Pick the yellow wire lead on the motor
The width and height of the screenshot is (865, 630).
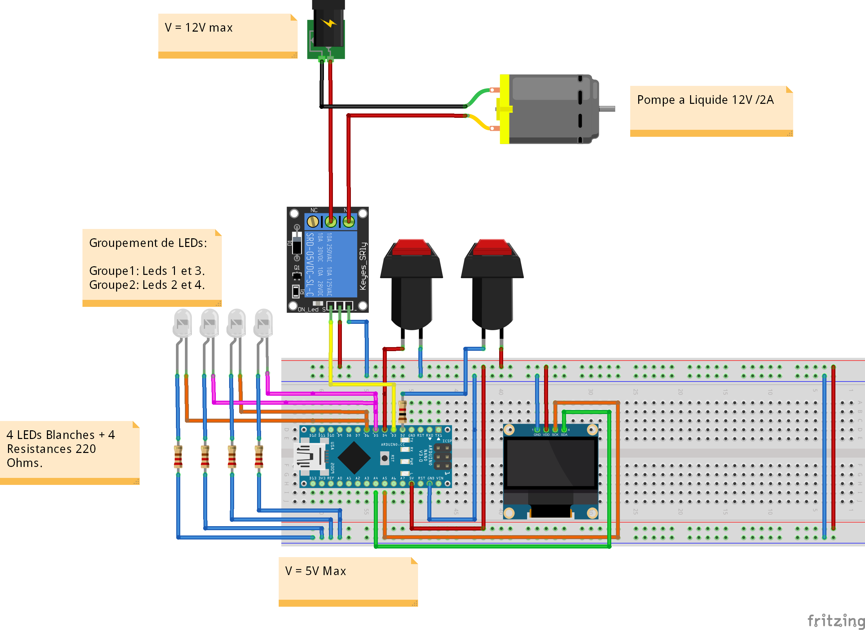(x=479, y=123)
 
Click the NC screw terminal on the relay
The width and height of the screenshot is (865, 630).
(x=313, y=221)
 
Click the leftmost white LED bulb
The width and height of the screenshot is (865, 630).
(x=182, y=322)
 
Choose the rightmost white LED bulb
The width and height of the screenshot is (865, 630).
(x=263, y=322)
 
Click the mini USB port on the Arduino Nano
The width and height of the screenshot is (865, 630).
(x=310, y=456)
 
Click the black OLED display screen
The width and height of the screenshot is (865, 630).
(x=550, y=463)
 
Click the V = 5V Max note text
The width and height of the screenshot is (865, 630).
(x=316, y=571)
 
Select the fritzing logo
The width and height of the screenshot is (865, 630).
(x=835, y=620)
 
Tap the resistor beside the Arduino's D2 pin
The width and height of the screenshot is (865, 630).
(x=402, y=411)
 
